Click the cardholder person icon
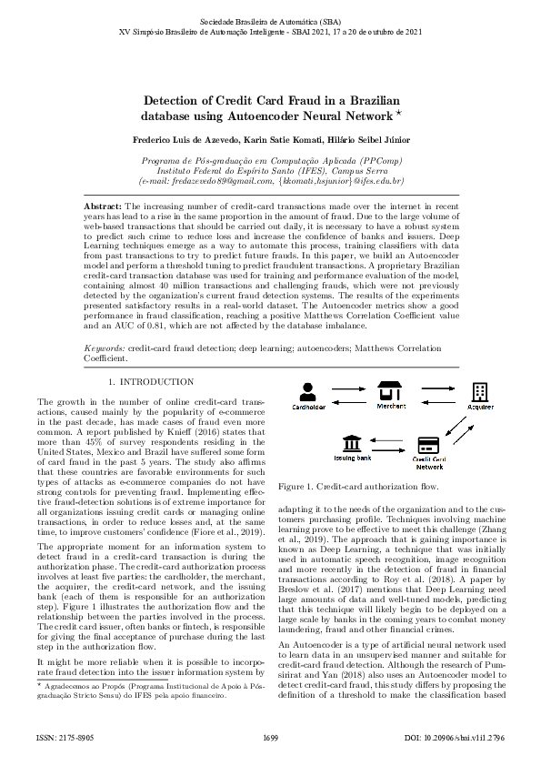tap(308, 391)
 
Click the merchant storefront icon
tap(391, 390)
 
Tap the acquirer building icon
tap(480, 390)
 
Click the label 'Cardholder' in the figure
tap(308, 408)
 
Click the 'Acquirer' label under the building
tap(480, 407)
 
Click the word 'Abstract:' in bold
tap(103, 207)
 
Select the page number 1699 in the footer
tap(270, 736)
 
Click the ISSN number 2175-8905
tap(57, 736)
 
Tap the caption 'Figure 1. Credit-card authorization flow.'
tap(348, 487)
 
